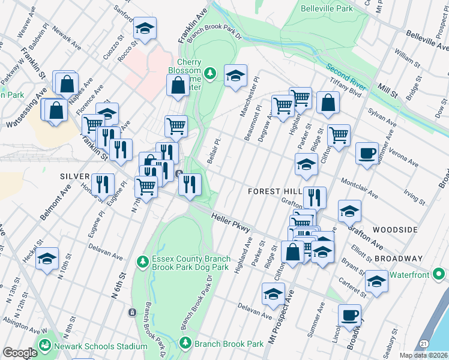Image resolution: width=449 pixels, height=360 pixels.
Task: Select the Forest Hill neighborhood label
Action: click(276, 191)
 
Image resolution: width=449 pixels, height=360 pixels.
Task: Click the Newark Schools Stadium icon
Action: click(44, 346)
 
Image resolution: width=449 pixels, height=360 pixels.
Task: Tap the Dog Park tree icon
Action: click(142, 261)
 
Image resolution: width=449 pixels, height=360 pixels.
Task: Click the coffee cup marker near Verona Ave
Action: click(366, 152)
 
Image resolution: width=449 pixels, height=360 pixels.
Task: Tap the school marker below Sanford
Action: click(144, 28)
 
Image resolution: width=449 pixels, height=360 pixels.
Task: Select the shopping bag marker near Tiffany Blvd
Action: click(328, 103)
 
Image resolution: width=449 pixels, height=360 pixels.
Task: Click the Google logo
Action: click(19, 353)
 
